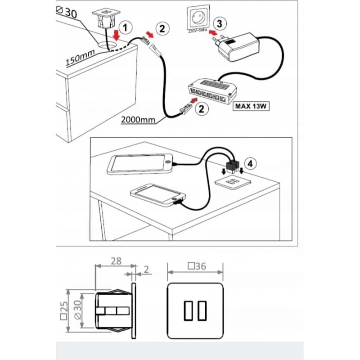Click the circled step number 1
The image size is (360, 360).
(x=126, y=28)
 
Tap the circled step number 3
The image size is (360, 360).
(x=220, y=24)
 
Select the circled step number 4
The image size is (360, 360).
(x=250, y=164)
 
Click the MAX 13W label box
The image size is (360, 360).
(x=251, y=106)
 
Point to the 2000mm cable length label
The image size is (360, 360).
(x=138, y=120)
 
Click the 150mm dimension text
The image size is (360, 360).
(x=80, y=58)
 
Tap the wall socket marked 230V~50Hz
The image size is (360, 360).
(x=198, y=17)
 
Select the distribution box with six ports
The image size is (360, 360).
(x=212, y=91)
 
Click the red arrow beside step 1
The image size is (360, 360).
(x=117, y=35)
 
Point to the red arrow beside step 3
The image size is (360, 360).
(x=213, y=33)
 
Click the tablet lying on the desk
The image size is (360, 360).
(x=139, y=164)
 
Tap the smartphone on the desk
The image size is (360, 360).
(x=158, y=194)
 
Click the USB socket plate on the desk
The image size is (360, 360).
(x=233, y=182)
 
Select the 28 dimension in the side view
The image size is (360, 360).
(x=116, y=261)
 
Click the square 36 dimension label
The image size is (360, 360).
(x=197, y=266)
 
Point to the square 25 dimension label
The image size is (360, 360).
(x=64, y=310)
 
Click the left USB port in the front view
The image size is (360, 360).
(x=188, y=310)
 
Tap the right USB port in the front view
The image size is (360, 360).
(x=202, y=310)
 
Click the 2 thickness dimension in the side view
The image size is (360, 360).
(x=147, y=270)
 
